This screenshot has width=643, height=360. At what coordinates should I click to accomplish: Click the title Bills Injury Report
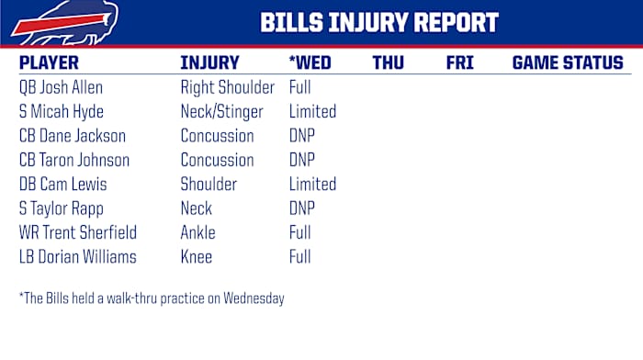click(x=379, y=23)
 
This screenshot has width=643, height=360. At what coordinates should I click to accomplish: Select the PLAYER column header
click(x=49, y=63)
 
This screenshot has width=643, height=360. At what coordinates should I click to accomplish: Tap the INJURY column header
click(x=209, y=63)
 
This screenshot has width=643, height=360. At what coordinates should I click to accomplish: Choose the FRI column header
click(x=459, y=63)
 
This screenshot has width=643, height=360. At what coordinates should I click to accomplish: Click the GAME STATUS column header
click(x=567, y=63)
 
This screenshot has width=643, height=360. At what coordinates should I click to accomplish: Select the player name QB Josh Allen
click(x=61, y=88)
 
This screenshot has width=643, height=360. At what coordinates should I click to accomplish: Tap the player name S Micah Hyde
click(x=62, y=112)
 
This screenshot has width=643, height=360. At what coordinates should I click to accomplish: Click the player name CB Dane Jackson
click(x=72, y=136)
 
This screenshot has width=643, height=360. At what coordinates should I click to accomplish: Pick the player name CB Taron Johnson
click(x=73, y=160)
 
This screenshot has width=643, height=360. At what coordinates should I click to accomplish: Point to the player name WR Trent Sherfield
click(x=77, y=232)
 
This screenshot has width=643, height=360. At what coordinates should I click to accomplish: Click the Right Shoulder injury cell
click(x=227, y=88)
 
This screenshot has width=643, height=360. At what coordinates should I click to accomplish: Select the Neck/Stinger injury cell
click(x=221, y=112)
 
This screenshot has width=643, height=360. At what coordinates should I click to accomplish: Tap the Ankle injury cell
click(x=199, y=232)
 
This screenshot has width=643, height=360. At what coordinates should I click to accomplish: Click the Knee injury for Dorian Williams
click(x=197, y=256)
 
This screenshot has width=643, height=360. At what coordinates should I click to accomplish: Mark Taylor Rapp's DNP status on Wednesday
click(x=302, y=208)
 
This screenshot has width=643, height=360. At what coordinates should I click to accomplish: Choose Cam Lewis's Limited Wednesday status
click(x=312, y=184)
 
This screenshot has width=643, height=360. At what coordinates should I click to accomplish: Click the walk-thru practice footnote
click(x=152, y=298)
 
